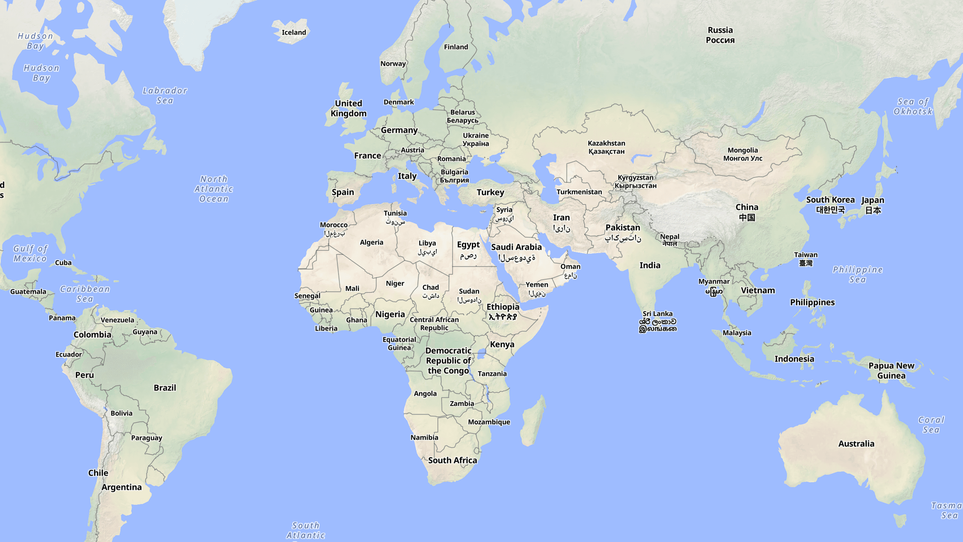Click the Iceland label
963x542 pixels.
[294, 32]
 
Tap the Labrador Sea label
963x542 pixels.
[165, 95]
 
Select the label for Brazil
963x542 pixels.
[165, 388]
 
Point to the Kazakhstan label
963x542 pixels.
[606, 147]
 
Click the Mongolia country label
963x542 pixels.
[743, 154]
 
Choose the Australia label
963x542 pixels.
[856, 444]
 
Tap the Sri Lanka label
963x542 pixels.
[658, 321]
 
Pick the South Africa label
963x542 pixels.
[452, 460]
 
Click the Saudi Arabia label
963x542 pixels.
[516, 252]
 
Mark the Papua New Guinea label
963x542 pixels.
[891, 371]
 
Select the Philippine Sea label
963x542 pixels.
[857, 274]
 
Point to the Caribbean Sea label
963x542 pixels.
[85, 294]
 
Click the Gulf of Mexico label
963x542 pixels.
[30, 253]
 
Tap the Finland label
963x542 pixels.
[456, 47]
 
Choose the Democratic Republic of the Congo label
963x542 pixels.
[448, 360]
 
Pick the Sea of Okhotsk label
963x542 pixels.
[913, 106]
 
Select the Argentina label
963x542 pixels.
[122, 487]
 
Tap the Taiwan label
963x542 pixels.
[806, 259]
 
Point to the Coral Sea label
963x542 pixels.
[931, 425]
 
